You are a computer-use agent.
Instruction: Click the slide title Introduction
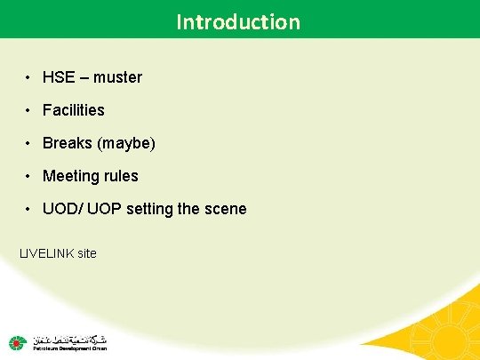click(x=238, y=20)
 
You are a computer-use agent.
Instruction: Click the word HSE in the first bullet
click(x=59, y=77)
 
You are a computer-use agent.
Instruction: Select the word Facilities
click(x=74, y=110)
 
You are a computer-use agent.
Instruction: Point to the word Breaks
click(x=66, y=143)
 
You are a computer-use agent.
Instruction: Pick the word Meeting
click(x=71, y=176)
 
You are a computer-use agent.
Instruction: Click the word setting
click(x=151, y=210)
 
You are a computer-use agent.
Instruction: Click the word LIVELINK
click(x=47, y=253)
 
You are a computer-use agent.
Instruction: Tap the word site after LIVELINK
click(x=86, y=253)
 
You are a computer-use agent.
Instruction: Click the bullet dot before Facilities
click(x=29, y=110)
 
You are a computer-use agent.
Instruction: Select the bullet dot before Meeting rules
click(x=29, y=176)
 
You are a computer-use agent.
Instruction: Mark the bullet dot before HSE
click(x=29, y=77)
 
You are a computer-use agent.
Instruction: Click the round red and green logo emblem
click(x=17, y=342)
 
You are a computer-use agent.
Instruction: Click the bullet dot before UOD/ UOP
click(x=29, y=209)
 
